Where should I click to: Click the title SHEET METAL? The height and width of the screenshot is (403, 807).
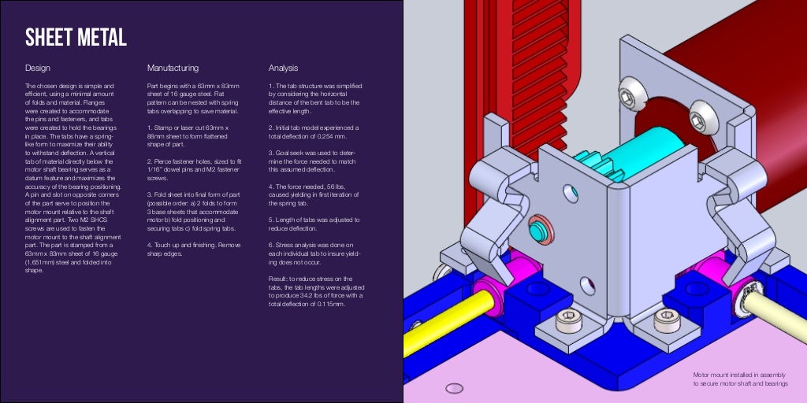coord(76,37)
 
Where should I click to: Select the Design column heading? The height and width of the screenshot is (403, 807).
coord(37,68)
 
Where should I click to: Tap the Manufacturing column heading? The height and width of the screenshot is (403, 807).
coord(173,68)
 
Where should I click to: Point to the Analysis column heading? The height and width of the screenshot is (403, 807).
coord(283,68)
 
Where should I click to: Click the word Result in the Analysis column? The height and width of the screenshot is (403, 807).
coord(277,279)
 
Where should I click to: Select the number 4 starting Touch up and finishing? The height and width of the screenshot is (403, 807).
coord(149,244)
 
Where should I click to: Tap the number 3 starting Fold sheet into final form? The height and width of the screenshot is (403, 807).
coord(149,194)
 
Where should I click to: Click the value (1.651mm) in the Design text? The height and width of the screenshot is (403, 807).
coord(40,264)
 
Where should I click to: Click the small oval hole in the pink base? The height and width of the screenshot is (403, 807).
coord(453,387)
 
